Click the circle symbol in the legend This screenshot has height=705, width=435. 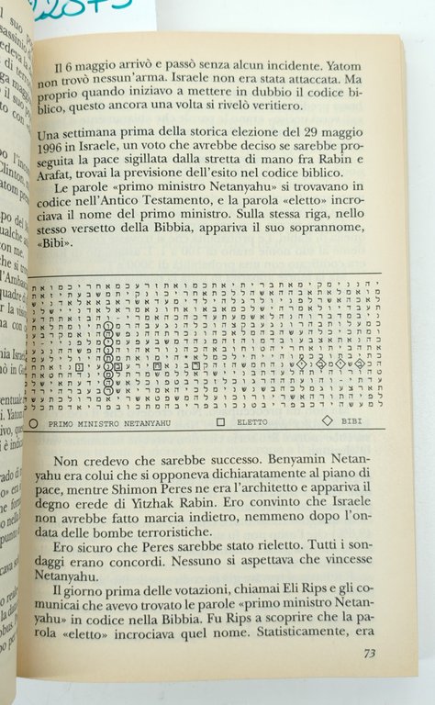[x=34, y=422]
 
